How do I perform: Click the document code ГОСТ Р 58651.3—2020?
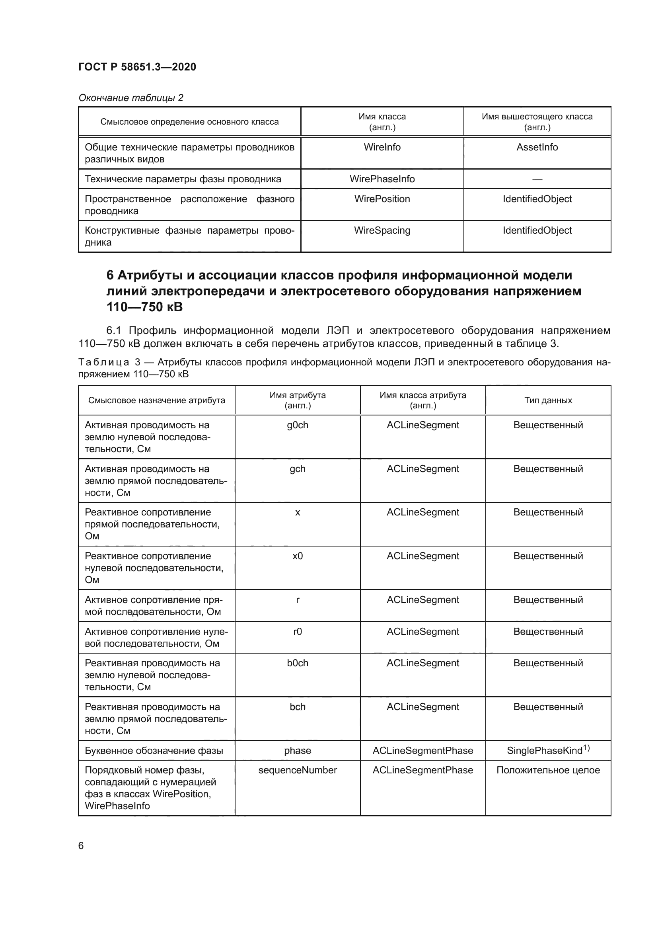(x=137, y=67)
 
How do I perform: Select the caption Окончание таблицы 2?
(x=130, y=98)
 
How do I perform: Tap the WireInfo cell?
(x=382, y=147)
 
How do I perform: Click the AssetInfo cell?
(x=537, y=147)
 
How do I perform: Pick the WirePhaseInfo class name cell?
(x=382, y=179)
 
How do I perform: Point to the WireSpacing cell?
(x=382, y=230)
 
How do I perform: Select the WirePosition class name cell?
(x=382, y=199)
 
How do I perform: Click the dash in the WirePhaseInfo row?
(x=537, y=179)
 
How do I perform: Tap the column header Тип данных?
(x=548, y=400)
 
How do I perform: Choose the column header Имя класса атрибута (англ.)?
(x=422, y=400)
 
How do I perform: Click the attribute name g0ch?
(x=298, y=425)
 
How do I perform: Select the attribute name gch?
(x=298, y=469)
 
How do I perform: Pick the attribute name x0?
(x=298, y=556)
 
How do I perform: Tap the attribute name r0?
(x=298, y=631)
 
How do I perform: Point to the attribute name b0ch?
(x=298, y=663)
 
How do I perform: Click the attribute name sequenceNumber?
(x=298, y=770)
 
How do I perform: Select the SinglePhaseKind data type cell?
(x=548, y=750)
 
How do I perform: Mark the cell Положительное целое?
(x=548, y=770)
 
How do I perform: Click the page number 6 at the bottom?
(x=81, y=846)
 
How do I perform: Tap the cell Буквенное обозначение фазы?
(x=154, y=751)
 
